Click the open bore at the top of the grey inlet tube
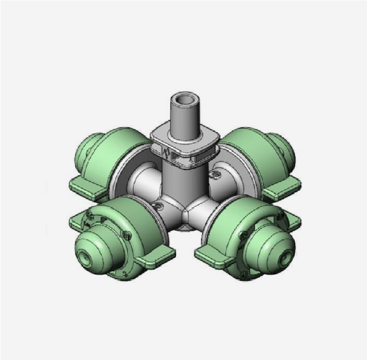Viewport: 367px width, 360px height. (x=184, y=100)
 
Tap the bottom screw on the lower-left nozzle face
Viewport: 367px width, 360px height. (x=124, y=274)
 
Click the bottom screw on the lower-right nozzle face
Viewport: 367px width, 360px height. (x=244, y=275)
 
